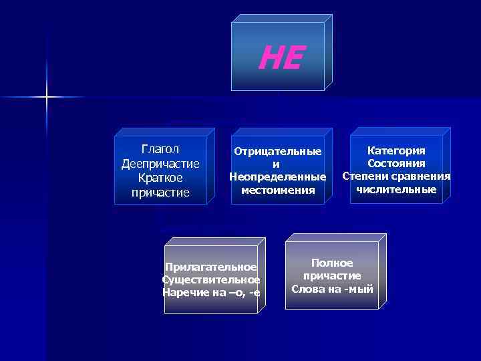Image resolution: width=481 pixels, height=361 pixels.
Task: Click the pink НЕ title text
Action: (x=280, y=59)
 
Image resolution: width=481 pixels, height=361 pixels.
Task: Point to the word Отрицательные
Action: (x=277, y=152)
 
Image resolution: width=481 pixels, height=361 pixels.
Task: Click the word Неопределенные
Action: (x=277, y=177)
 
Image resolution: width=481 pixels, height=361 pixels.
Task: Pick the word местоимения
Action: (x=277, y=191)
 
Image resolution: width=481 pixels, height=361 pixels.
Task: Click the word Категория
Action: (x=396, y=151)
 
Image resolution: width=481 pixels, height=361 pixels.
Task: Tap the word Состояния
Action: (x=396, y=164)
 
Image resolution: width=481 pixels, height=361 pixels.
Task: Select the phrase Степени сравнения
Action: (x=396, y=176)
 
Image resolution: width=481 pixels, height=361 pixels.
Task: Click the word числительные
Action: (x=396, y=190)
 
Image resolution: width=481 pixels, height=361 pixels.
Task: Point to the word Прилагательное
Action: (x=211, y=267)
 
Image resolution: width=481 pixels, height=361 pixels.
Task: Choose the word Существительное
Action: (x=211, y=279)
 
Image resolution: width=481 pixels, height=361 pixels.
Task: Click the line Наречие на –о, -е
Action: (x=211, y=292)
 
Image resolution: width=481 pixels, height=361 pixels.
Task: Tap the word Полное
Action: (x=332, y=263)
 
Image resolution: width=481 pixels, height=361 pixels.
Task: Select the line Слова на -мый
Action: (x=332, y=289)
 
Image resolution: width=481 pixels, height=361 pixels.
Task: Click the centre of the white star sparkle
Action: (x=47, y=98)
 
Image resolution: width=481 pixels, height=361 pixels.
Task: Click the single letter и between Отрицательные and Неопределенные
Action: (x=277, y=164)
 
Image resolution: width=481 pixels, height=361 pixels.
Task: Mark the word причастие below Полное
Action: (x=332, y=276)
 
